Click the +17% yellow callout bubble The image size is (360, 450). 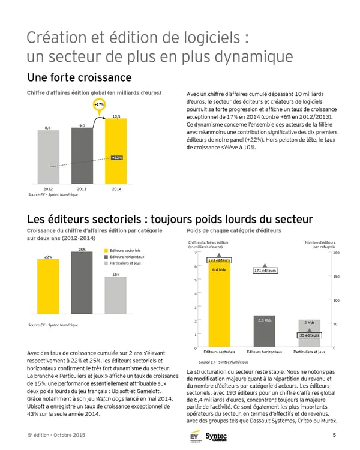pos(100,104)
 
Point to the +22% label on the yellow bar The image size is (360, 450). pos(118,157)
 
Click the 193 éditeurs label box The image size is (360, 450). pos(219,260)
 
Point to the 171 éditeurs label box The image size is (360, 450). pos(265,271)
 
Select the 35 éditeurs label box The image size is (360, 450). pos(310,335)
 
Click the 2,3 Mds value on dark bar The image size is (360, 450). pos(265,320)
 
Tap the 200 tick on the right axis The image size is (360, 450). pos(336,253)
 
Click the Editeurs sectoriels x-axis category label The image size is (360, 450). pos(219,352)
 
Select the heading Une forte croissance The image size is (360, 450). pos(79,78)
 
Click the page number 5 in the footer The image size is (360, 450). pos(334,434)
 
